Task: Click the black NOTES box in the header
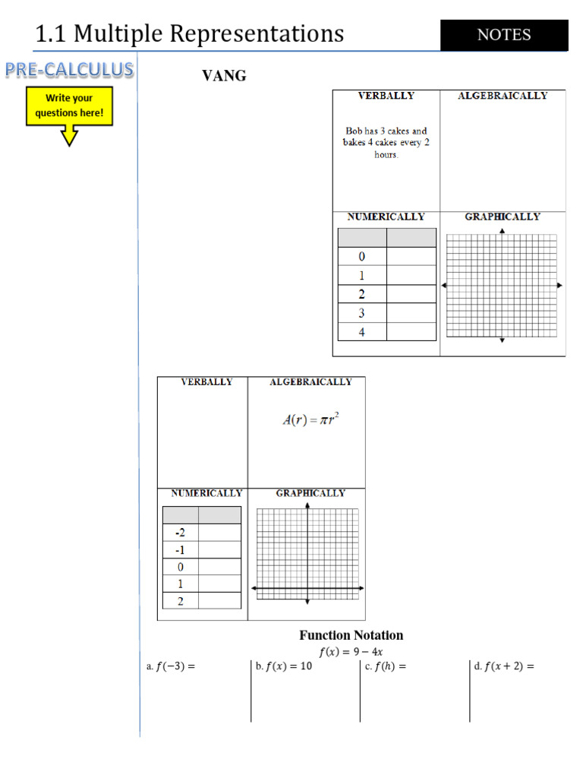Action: [504, 35]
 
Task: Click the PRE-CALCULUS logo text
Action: [70, 70]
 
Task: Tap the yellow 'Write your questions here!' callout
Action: [69, 106]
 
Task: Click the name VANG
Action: [223, 76]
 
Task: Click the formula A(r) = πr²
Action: [310, 419]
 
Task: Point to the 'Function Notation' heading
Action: [351, 635]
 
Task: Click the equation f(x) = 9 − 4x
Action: [351, 652]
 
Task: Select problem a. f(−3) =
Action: [171, 667]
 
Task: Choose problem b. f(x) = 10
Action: [284, 667]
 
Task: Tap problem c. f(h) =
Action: [385, 667]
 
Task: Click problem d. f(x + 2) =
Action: [504, 667]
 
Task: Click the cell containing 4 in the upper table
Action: [362, 332]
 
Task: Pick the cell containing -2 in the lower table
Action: [181, 533]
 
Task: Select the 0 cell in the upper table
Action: [362, 257]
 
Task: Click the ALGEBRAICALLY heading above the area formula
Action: [310, 382]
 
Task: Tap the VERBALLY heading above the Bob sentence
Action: [386, 96]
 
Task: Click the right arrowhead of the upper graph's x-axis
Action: [559, 285]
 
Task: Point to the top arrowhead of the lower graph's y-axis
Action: [307, 504]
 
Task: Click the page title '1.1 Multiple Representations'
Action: [190, 33]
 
